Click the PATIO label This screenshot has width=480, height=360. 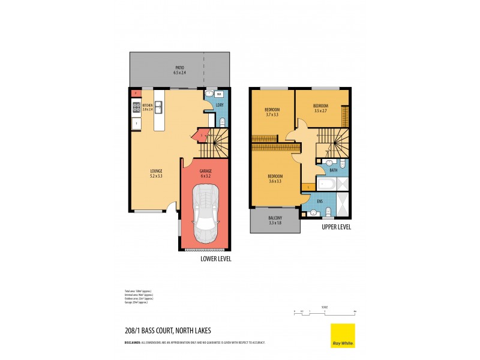click(179, 70)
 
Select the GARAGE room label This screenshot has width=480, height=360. click(205, 173)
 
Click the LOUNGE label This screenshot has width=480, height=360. click(156, 173)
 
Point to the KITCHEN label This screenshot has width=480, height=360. click(148, 107)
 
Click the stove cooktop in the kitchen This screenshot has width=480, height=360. click(136, 108)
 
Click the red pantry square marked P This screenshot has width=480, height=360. click(136, 94)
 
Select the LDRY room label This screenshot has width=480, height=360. click(220, 106)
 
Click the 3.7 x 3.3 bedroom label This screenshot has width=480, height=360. click(273, 112)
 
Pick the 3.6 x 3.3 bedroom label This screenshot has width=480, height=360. click(275, 178)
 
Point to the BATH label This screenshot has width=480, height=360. click(333, 170)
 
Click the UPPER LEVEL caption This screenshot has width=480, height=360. click(336, 227)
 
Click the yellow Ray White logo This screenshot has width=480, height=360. click(343, 335)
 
